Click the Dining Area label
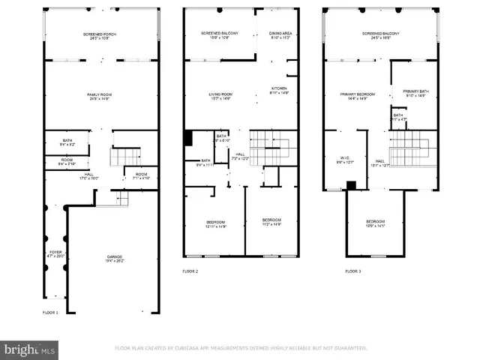coord(278,36)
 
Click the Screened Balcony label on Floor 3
coord(381,36)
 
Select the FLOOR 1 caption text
coord(50,312)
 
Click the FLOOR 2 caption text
coord(190,270)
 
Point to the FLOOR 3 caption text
coord(352,270)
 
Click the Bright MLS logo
coord(30,349)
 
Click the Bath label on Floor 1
coord(67,142)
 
